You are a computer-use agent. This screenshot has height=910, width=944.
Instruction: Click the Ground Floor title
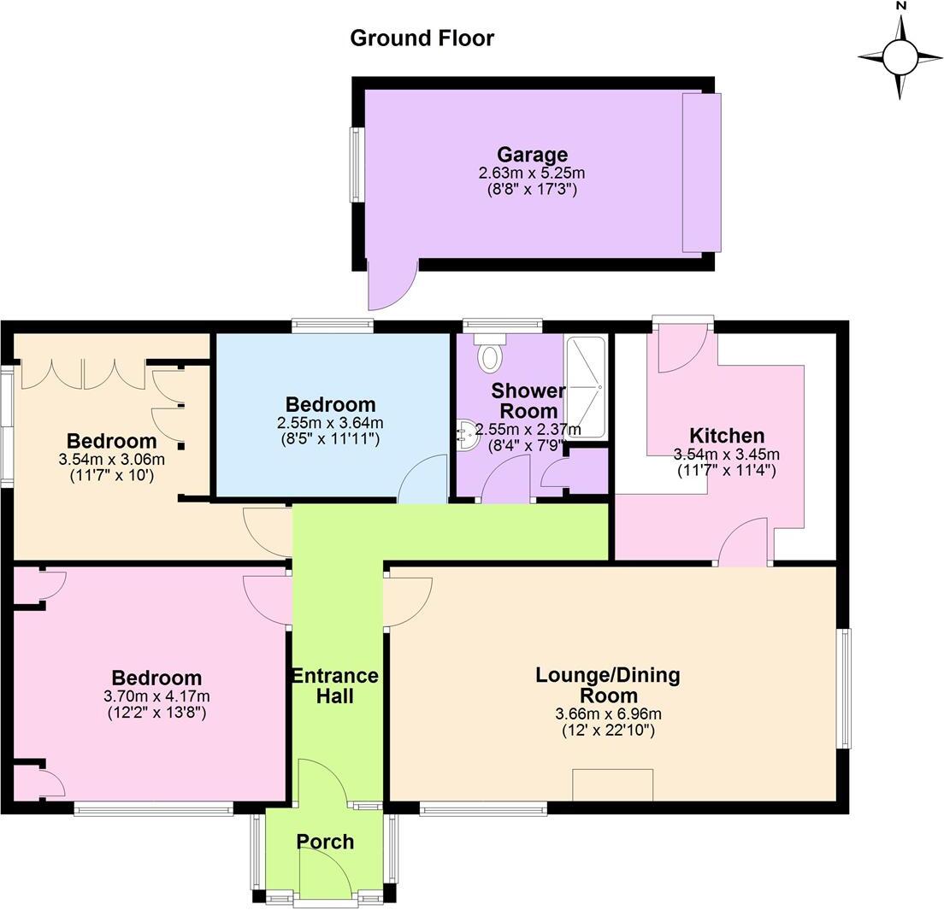422,38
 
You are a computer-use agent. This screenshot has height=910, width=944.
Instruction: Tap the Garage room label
532,155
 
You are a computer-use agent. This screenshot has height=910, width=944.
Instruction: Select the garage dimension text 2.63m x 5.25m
532,173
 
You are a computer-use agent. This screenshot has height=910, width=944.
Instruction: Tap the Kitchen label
727,436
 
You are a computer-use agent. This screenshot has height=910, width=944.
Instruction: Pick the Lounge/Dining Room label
607,684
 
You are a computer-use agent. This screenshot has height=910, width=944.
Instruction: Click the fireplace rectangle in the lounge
612,784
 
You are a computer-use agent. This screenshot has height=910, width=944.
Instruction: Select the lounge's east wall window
844,688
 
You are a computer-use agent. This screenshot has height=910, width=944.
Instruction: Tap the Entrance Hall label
335,686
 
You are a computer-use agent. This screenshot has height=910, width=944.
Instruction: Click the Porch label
325,842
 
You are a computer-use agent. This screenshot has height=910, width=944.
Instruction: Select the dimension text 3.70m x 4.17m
156,696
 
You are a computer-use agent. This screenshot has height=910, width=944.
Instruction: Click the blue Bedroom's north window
332,325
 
